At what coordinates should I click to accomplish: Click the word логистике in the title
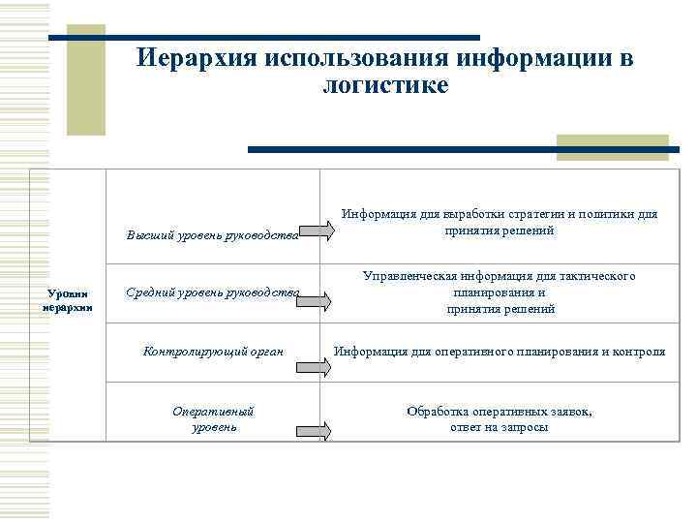pos(384,85)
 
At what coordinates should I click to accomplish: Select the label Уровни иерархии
pos(68,299)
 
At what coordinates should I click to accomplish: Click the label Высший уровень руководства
pos(212,233)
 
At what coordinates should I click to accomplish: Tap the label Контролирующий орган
pos(213,351)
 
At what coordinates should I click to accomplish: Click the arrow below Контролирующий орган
pos(313,368)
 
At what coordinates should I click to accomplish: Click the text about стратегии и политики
pos(499,223)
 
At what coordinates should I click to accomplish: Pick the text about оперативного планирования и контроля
pos(500,351)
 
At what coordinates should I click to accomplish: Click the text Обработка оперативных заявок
pos(500,418)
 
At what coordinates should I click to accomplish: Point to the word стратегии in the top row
pos(560,214)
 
